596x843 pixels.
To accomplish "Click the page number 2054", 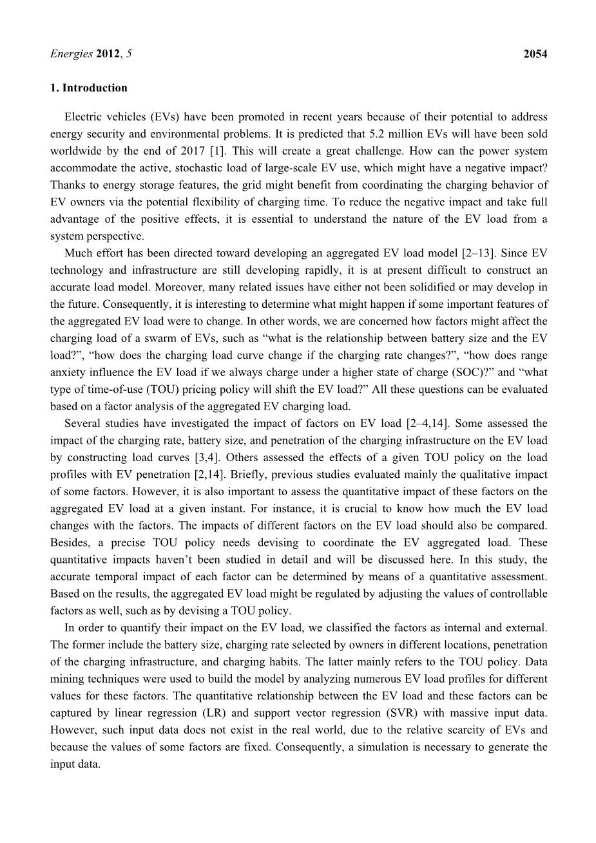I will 535,54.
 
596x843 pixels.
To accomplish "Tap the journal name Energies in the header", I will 72,54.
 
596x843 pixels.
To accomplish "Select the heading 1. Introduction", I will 89,88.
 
